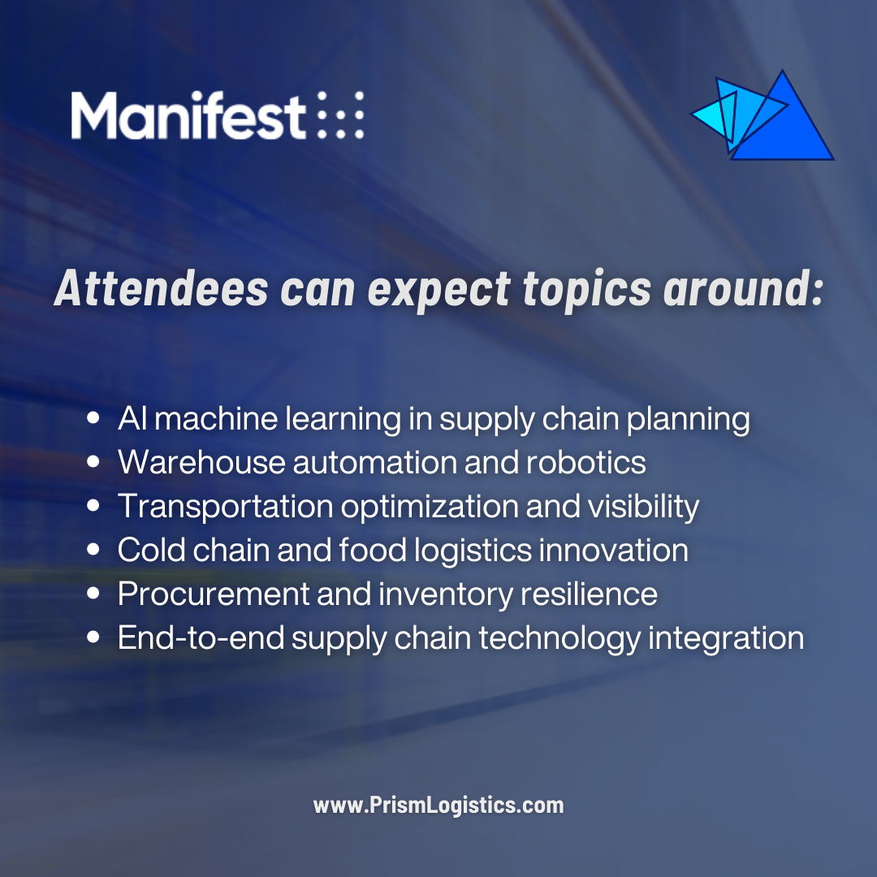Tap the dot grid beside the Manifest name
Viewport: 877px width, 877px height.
[339, 115]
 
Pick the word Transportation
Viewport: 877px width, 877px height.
[225, 507]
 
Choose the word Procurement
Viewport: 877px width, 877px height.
[213, 594]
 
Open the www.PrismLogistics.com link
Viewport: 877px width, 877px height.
[438, 806]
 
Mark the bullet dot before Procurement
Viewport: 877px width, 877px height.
[93, 594]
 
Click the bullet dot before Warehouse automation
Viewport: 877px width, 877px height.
[93, 463]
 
